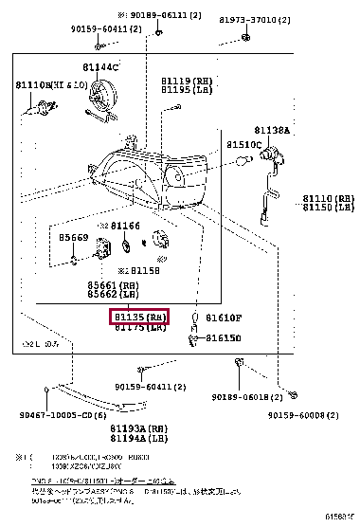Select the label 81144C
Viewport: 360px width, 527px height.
tap(99, 67)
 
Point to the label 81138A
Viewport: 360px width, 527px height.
tap(272, 129)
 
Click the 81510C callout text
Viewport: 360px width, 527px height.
tap(243, 144)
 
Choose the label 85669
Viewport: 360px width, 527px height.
tap(73, 238)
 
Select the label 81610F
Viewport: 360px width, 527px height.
tap(225, 318)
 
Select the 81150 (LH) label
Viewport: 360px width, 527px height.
tap(328, 207)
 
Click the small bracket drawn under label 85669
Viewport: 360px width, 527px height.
tap(75, 257)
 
